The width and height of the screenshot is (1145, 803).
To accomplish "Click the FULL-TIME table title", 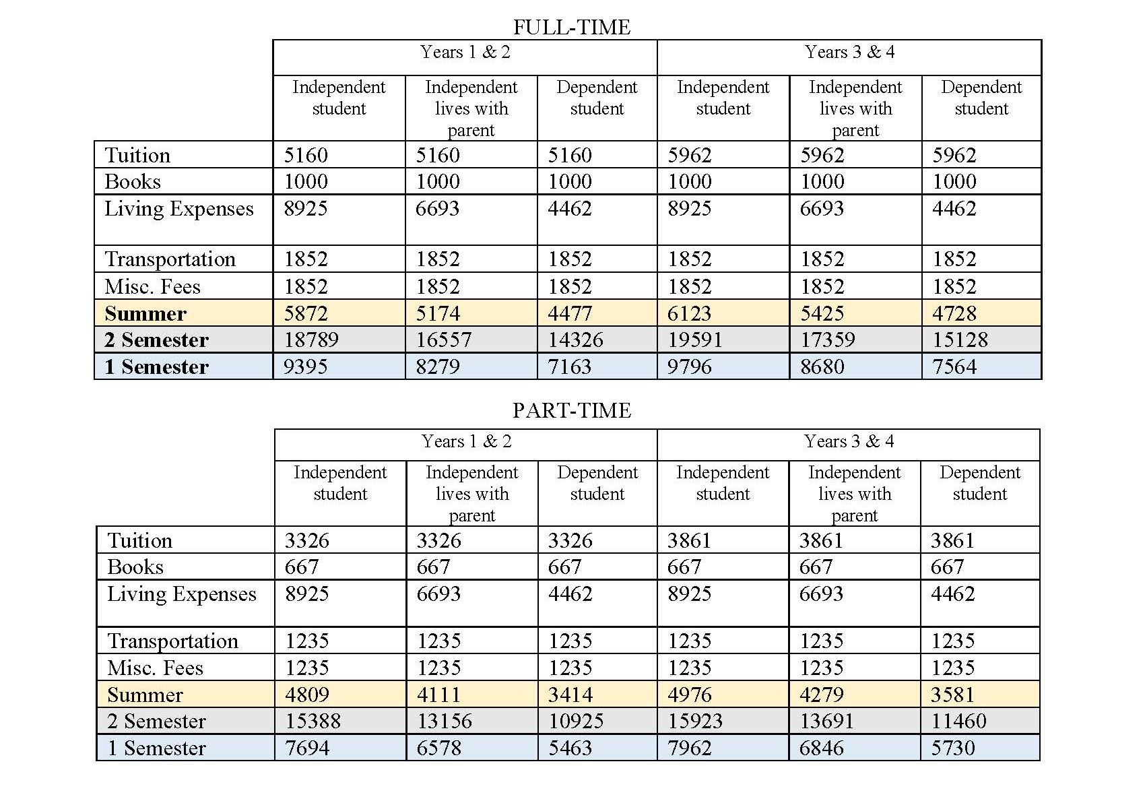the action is point(572,27).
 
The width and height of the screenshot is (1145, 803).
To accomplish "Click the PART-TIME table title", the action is point(572,410).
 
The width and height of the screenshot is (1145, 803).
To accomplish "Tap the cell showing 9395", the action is point(306,366).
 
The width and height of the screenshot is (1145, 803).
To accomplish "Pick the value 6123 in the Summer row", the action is point(690,313).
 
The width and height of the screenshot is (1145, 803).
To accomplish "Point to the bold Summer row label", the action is point(145,313).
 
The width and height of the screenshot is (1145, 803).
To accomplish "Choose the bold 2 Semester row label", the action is point(157,340).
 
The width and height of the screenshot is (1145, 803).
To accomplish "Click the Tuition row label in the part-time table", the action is point(140,540).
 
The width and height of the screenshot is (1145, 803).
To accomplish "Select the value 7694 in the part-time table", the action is point(307,748).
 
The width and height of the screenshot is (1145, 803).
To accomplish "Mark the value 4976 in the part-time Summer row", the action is point(690,695).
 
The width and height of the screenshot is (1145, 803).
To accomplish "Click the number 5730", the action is point(952,748).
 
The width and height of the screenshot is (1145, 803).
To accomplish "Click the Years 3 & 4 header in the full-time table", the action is point(849,52).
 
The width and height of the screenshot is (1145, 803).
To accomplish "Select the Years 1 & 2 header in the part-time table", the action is point(466,441).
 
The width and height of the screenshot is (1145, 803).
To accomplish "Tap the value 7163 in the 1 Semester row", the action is point(570,366).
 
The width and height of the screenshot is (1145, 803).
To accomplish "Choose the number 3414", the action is point(570,695).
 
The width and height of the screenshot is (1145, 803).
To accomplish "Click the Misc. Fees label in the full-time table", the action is point(153,286).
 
